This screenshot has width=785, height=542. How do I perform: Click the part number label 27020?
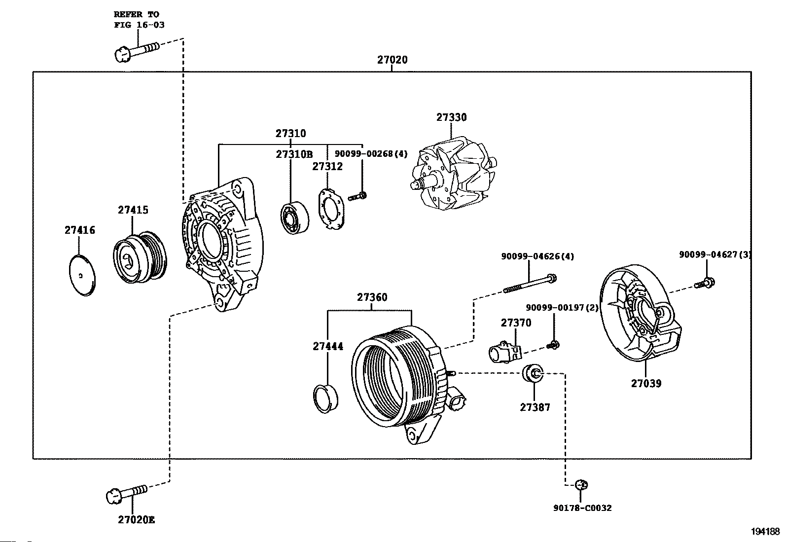[x=392, y=60]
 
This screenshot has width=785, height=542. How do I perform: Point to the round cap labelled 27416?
[x=82, y=276]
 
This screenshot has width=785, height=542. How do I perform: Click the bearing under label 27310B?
[x=295, y=217]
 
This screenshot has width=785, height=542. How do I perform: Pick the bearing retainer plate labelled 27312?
[x=331, y=209]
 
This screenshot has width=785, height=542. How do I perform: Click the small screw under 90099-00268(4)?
[x=357, y=196]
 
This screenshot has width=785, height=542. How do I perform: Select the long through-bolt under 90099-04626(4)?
[x=530, y=284]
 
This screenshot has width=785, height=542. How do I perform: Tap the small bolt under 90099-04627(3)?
[x=705, y=283]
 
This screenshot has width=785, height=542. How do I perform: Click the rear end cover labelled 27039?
[x=641, y=313]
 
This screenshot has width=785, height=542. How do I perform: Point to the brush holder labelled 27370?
[x=505, y=352]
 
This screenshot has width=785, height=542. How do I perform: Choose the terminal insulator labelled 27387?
[x=533, y=373]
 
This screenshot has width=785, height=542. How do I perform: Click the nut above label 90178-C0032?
[x=581, y=485]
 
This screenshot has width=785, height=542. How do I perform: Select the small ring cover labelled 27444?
[x=325, y=399]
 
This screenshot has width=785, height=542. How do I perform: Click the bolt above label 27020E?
[x=127, y=494]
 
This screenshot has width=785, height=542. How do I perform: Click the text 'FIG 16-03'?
[x=139, y=25]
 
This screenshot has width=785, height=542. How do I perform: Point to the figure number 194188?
[x=765, y=532]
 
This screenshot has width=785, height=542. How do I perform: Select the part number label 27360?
[x=372, y=297]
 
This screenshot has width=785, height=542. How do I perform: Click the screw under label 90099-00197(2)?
[x=553, y=345]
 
